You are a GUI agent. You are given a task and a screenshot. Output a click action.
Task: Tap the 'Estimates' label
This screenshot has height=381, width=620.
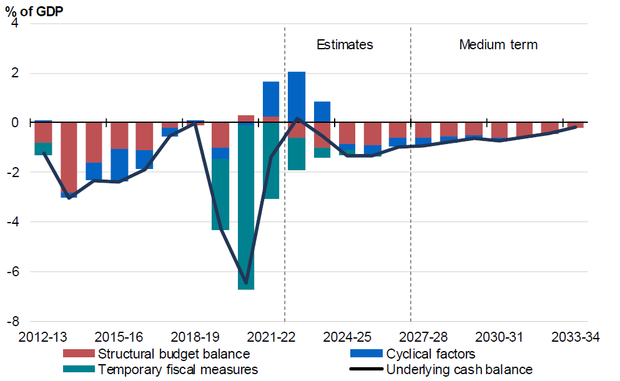coord(345,45)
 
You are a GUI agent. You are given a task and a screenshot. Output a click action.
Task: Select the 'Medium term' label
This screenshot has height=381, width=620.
coord(498,45)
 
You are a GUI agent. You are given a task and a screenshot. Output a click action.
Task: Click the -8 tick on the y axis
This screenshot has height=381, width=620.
coord(12,322)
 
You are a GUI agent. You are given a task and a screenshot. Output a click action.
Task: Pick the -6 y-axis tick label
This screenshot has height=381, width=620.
coord(12,272)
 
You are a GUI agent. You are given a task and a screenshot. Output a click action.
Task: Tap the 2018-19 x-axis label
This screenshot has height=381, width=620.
coord(195,337)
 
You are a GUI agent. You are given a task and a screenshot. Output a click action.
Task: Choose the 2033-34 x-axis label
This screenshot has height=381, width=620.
coord(575,337)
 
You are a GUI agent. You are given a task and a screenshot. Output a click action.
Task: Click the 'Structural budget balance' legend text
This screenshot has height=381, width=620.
coord(174,354)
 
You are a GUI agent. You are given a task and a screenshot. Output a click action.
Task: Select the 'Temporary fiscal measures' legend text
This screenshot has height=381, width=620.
coord(178,369)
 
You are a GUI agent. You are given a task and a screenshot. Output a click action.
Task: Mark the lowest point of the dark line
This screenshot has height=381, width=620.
coord(246,284)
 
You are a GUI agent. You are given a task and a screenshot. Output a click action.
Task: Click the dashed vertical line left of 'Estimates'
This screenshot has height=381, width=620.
coord(285,187)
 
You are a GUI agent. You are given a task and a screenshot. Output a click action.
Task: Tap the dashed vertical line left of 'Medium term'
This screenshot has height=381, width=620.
coord(411,187)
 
